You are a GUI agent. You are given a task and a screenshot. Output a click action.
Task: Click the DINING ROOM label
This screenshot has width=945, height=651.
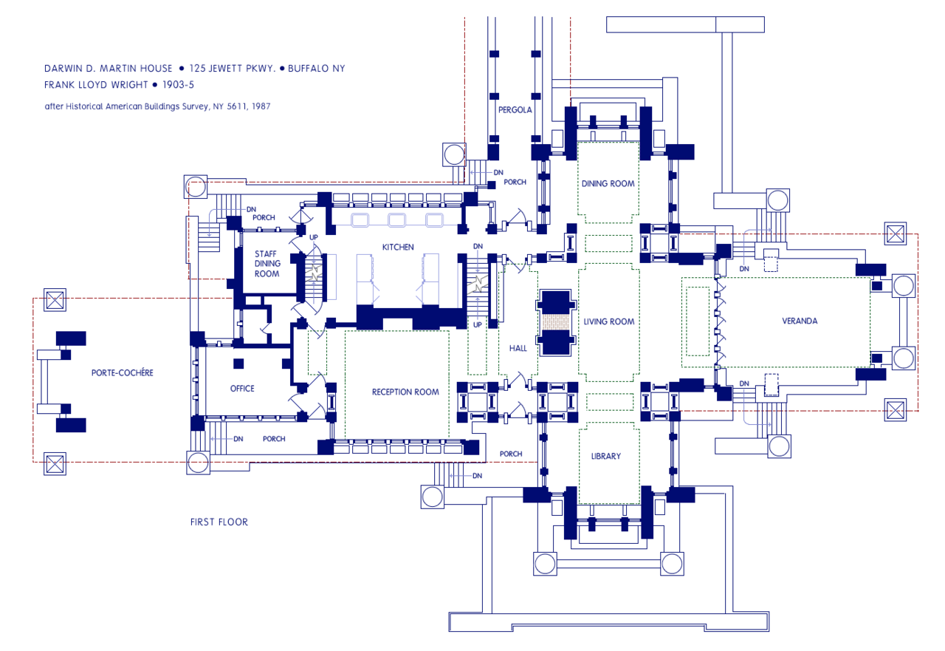click(x=608, y=183)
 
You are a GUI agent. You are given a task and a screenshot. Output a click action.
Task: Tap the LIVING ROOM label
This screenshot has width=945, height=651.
click(x=609, y=321)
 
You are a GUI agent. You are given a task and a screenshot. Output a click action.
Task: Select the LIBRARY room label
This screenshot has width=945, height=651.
click(x=606, y=456)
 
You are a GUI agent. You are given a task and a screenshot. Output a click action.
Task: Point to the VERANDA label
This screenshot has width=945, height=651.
click(x=800, y=321)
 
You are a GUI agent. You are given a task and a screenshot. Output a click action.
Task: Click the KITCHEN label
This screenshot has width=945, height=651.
click(x=397, y=247)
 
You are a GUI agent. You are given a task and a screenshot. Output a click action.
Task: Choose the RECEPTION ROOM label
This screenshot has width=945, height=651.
click(x=405, y=392)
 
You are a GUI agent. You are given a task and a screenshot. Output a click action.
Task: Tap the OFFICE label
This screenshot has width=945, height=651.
click(x=242, y=388)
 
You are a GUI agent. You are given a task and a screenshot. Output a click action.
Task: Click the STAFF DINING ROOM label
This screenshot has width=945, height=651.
click(x=267, y=264)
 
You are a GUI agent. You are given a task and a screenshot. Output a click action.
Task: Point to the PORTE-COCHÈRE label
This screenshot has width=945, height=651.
click(x=123, y=372)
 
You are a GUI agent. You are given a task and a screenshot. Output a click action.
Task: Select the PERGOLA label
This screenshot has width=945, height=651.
click(x=515, y=109)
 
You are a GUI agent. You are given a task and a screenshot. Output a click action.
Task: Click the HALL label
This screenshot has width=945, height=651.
click(x=518, y=348)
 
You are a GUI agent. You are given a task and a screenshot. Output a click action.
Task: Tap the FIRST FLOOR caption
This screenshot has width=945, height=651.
click(x=219, y=522)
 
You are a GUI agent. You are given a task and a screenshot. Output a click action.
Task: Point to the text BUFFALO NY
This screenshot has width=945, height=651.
click(x=316, y=68)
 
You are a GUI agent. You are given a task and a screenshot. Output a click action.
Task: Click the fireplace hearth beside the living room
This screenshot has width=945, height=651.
click(x=556, y=323)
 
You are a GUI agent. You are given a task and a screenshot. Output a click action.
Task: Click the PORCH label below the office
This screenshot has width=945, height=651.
click(x=274, y=439)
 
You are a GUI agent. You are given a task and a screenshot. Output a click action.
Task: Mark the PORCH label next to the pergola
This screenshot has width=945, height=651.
click(x=514, y=182)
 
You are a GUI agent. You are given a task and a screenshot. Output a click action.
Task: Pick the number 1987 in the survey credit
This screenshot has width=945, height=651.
click(x=260, y=106)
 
